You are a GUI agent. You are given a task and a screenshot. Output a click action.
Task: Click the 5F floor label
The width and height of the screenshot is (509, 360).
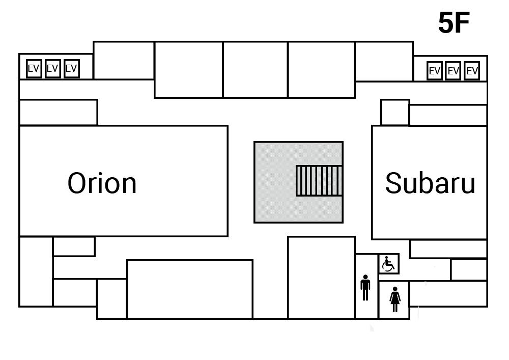point(453,23)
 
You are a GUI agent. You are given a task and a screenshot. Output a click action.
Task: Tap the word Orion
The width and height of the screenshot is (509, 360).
point(102,183)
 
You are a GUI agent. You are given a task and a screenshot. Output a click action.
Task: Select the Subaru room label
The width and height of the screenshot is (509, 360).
point(430,183)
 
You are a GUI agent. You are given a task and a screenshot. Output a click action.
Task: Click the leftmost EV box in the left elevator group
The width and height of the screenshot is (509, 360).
point(34,69)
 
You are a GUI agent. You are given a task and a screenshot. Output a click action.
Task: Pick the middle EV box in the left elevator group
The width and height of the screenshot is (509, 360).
point(52,69)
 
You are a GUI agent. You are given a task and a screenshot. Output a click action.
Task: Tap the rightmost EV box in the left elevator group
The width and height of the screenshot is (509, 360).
point(71,69)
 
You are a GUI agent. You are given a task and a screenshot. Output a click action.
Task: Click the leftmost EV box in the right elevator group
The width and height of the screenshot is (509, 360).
point(434,71)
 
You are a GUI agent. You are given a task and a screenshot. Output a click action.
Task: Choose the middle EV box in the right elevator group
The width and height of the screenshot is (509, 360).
point(453,71)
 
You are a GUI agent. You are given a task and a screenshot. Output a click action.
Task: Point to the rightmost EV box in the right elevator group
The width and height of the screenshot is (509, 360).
point(472,71)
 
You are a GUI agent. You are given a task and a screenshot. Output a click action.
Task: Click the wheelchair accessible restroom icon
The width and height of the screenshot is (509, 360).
point(389,264)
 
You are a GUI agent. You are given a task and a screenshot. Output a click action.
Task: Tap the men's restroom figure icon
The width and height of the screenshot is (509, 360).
point(365,288)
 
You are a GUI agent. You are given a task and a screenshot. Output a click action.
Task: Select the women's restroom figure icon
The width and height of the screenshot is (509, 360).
point(395,299)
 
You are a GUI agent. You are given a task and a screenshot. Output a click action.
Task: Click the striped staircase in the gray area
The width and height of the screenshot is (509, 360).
point(319,180)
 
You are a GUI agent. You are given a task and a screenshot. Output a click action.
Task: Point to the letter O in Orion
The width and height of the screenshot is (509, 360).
point(79,183)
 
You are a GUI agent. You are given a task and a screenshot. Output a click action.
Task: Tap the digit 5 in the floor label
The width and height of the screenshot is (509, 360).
point(446,23)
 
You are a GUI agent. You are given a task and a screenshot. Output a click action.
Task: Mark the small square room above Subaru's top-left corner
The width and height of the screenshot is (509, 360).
point(395,112)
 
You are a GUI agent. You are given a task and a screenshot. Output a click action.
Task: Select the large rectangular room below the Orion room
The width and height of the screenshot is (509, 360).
point(189,289)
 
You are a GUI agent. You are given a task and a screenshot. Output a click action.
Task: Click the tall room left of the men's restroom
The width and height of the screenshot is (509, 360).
point(321,277)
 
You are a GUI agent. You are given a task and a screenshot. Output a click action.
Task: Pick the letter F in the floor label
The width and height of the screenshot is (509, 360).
point(462,23)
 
